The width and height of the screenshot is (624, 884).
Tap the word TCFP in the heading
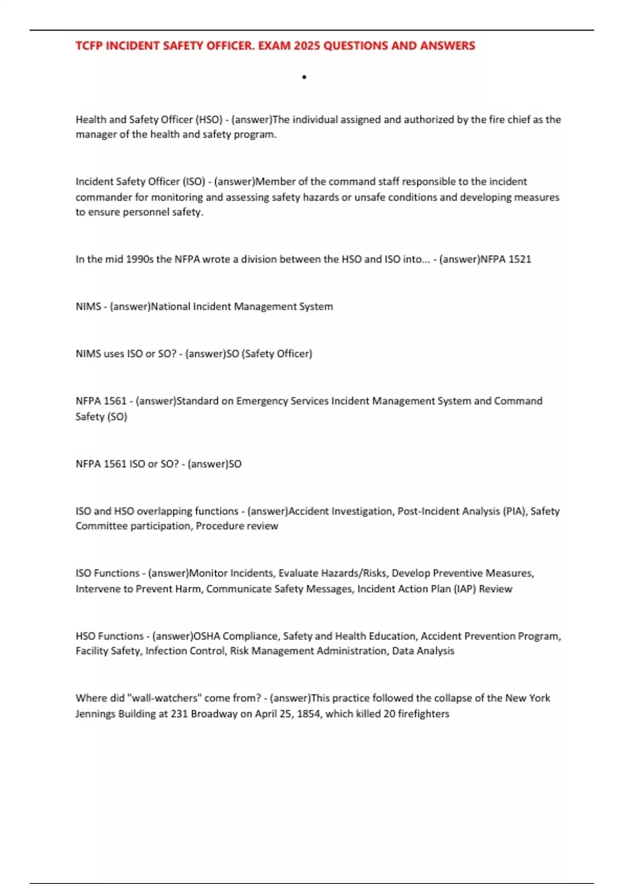coord(89,46)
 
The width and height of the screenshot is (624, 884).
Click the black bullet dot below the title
coord(304,77)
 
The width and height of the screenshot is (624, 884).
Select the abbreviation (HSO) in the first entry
coord(209,120)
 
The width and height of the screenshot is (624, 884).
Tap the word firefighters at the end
coord(423,713)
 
